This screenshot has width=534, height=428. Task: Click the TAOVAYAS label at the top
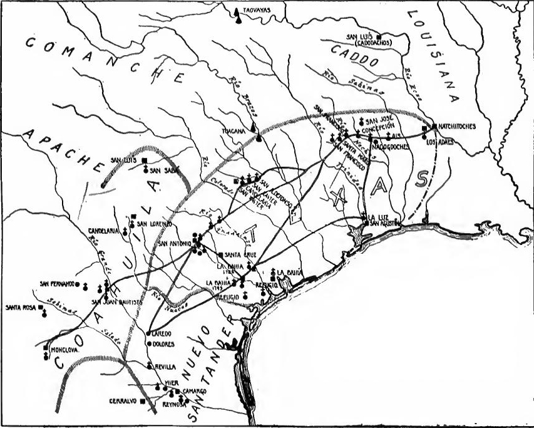257,10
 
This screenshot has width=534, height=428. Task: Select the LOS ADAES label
439,142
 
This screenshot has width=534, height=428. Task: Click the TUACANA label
235,132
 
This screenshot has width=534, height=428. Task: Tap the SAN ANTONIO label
175,243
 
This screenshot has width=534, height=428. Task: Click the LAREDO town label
162,334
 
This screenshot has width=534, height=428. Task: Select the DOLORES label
163,343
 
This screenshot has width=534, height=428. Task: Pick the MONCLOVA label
64,352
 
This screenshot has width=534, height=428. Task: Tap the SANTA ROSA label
20,308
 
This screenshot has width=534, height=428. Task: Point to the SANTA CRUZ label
239,255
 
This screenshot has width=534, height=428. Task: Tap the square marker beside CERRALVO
143,400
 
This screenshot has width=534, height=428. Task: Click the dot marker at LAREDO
148,333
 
